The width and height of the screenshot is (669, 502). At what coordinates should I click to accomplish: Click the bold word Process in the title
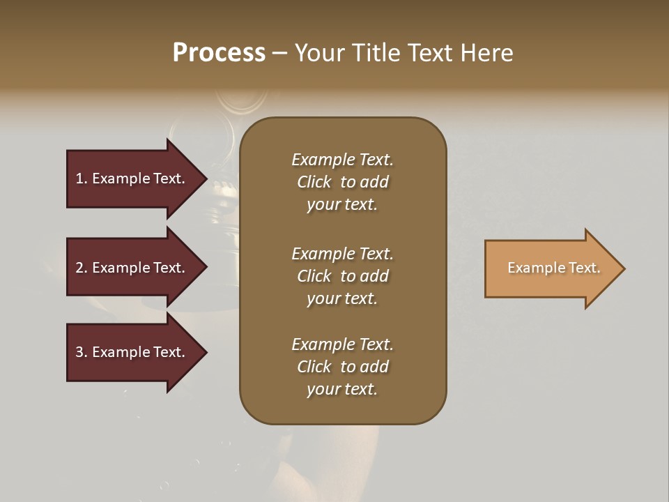pyautogui.click(x=219, y=52)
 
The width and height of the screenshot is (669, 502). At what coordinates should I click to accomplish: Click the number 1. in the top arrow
pyautogui.click(x=82, y=178)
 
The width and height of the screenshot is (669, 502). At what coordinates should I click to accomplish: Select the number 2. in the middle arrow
pyautogui.click(x=82, y=268)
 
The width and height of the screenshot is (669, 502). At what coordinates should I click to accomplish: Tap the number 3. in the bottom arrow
pyautogui.click(x=82, y=352)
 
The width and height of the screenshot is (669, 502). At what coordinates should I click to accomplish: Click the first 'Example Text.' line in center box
pyautogui.click(x=342, y=160)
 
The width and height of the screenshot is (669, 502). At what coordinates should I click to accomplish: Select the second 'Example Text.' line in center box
pyautogui.click(x=342, y=254)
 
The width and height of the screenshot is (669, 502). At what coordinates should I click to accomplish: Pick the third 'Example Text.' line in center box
pyautogui.click(x=342, y=344)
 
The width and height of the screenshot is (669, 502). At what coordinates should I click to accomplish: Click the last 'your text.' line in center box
pyautogui.click(x=342, y=389)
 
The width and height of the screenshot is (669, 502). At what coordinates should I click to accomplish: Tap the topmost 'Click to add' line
pyautogui.click(x=342, y=182)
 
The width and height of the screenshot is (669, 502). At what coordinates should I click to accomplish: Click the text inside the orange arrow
pyautogui.click(x=553, y=268)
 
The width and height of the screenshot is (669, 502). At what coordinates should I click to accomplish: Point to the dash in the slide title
pyautogui.click(x=279, y=53)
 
